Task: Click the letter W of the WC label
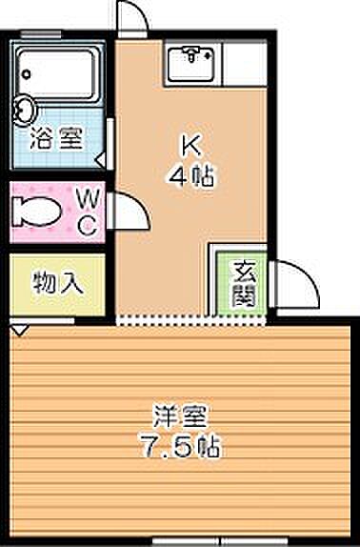[87, 198]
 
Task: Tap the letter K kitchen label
[190, 146]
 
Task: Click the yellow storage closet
[58, 283]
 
